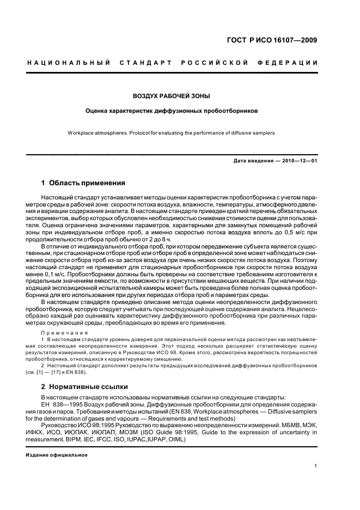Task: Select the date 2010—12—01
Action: point(299,161)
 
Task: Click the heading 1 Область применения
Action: point(83,183)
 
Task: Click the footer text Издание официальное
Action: point(53,454)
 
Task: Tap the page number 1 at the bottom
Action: point(315,466)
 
